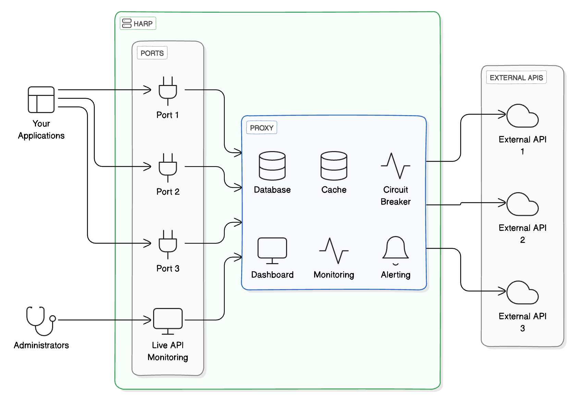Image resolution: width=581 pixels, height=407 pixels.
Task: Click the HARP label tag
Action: pos(138,24)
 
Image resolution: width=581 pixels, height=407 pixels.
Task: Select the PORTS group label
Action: pos(152,53)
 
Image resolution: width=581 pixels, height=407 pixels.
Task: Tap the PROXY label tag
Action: pos(262,128)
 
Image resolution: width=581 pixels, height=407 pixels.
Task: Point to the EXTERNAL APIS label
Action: pos(516,78)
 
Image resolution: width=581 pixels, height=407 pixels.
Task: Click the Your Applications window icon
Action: pos(41,100)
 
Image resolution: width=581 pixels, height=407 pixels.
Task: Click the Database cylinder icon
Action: pos(272,166)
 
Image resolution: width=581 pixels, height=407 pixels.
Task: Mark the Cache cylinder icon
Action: pos(334,166)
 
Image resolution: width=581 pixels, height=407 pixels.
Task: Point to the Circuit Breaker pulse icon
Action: pos(396,166)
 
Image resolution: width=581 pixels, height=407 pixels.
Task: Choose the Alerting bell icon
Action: pos(396,249)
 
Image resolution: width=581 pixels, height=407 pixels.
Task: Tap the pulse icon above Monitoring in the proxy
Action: pos(334,251)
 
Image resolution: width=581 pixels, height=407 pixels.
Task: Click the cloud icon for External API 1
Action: pos(522,116)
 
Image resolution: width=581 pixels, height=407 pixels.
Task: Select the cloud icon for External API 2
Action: pos(522,205)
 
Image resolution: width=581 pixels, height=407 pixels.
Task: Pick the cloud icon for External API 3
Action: pos(522,293)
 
